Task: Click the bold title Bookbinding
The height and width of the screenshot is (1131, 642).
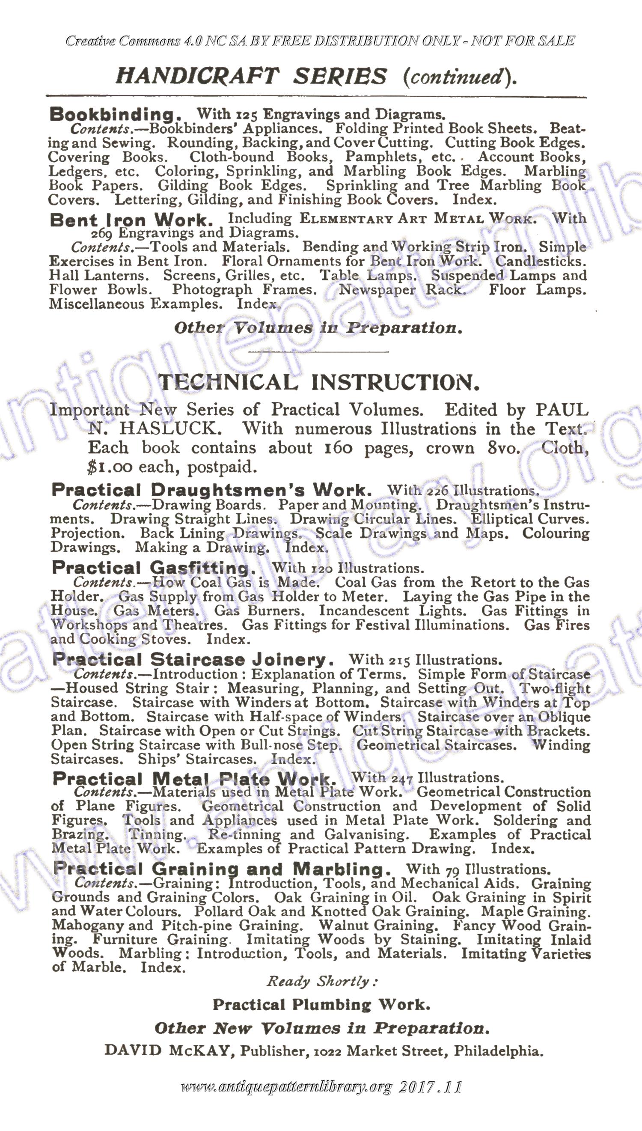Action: [x=115, y=115]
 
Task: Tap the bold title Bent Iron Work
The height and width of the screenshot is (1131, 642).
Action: [x=131, y=220]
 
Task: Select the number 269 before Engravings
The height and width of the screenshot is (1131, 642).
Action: [x=102, y=233]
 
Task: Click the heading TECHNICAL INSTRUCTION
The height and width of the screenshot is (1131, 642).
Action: [x=319, y=382]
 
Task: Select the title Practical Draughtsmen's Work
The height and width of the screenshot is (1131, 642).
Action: [x=212, y=490]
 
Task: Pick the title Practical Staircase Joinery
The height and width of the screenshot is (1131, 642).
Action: [x=193, y=659]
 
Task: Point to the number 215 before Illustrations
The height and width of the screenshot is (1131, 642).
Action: [x=399, y=660]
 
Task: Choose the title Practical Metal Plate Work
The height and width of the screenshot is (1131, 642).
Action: [x=194, y=779]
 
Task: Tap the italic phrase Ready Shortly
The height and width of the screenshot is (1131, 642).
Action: [x=321, y=981]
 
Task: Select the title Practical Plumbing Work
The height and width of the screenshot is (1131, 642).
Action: [x=321, y=1004]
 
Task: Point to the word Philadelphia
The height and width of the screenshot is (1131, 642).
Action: [x=498, y=1051]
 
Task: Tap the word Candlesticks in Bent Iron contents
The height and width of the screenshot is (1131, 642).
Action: [x=541, y=261]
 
